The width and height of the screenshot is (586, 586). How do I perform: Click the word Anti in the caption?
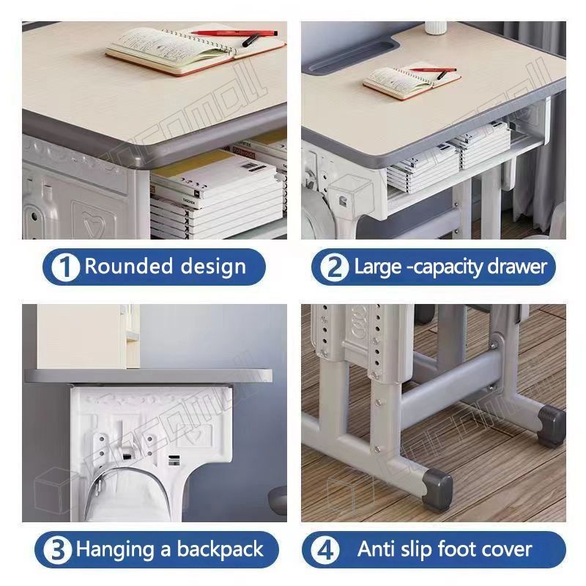(x=376, y=549)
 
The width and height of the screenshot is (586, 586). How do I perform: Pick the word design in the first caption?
(x=212, y=267)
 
